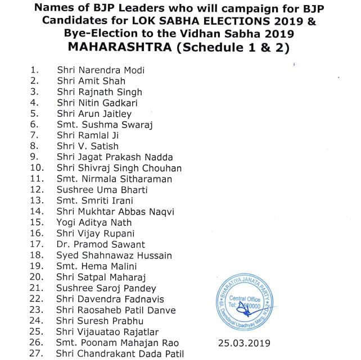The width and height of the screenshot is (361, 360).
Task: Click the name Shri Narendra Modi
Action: pyautogui.click(x=101, y=70)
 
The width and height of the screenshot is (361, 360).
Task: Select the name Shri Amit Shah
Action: pyautogui.click(x=91, y=81)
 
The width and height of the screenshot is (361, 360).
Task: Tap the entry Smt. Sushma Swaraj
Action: pyautogui.click(x=105, y=125)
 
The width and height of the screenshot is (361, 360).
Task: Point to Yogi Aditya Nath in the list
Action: pyautogui.click(x=94, y=222)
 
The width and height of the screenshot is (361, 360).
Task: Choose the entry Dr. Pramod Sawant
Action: pyautogui.click(x=101, y=244)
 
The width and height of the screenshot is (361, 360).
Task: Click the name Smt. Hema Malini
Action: pyautogui.click(x=96, y=266)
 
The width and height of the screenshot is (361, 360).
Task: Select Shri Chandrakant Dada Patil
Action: pyautogui.click(x=120, y=353)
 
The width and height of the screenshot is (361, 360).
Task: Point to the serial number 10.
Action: pyautogui.click(x=37, y=168)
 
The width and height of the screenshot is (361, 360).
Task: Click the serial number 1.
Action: pyautogui.click(x=34, y=70)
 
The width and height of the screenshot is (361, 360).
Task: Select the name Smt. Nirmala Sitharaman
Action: pyautogui.click(x=114, y=179)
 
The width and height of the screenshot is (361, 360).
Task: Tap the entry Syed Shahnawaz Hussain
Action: pyautogui.click(x=114, y=256)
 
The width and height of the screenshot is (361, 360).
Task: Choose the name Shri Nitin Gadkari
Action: pyautogui.click(x=97, y=103)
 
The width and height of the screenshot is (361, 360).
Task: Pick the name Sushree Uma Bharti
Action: pyautogui.click(x=101, y=190)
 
